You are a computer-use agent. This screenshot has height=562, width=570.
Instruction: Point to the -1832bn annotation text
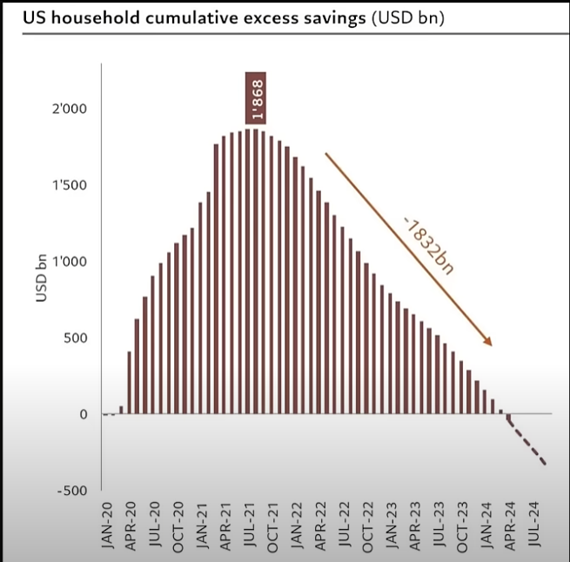(x=428, y=247)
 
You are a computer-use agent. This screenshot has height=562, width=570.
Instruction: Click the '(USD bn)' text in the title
(x=408, y=17)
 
